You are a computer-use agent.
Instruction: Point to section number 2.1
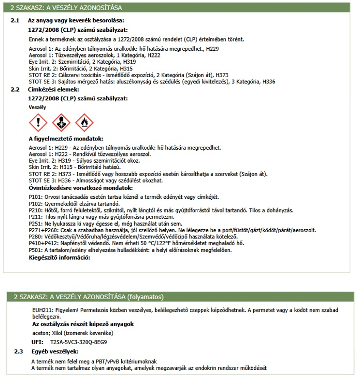(x=14, y=21)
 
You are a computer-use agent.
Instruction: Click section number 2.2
(x=14, y=90)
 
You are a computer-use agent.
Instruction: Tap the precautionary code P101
(x=36, y=197)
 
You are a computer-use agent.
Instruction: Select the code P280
(x=36, y=237)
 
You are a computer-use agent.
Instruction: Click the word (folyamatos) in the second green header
(x=145, y=296)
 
